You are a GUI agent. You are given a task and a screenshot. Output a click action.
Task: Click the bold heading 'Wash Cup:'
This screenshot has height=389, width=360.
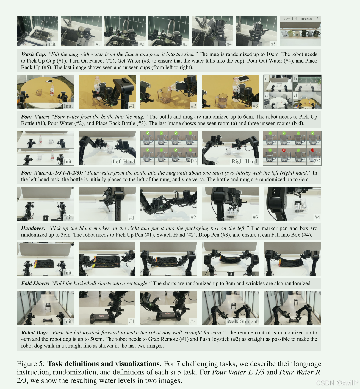pyautogui.click(x=34, y=54)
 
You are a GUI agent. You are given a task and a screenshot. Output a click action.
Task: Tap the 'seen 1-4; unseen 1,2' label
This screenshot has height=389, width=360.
pyautogui.click(x=300, y=19)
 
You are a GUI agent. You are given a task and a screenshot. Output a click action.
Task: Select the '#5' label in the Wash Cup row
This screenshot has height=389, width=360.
pyautogui.click(x=273, y=44)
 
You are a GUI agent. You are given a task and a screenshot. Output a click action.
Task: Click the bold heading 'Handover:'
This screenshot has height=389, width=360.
pyautogui.click(x=33, y=228)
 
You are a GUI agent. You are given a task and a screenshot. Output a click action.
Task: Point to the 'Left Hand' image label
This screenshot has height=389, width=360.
pyautogui.click(x=124, y=162)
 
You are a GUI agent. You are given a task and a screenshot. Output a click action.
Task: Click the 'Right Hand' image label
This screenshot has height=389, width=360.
pyautogui.click(x=244, y=161)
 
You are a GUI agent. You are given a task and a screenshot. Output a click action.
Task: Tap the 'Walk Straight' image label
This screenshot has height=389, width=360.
pyautogui.click(x=242, y=321)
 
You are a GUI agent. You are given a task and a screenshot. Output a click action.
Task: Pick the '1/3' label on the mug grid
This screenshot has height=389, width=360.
pyautogui.click(x=193, y=161)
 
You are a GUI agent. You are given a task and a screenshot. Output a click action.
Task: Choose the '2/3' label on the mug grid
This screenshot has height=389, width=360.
pyautogui.click(x=317, y=161)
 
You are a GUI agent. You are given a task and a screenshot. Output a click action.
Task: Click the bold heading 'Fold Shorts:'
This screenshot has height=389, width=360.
pyautogui.click(x=35, y=283)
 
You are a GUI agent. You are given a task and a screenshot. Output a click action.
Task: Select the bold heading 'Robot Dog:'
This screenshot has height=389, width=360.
pyautogui.click(x=34, y=333)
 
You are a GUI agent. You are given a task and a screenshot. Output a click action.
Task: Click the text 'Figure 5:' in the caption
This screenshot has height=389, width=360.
pyautogui.click(x=31, y=364)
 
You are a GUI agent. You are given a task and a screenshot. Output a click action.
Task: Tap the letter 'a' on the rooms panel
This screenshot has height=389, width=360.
pyautogui.click(x=266, y=79)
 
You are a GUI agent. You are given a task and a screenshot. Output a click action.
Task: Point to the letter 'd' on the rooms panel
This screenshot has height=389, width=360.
pyautogui.click(x=295, y=96)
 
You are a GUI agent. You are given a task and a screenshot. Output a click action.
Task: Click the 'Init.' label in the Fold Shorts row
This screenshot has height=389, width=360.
pyautogui.click(x=68, y=273)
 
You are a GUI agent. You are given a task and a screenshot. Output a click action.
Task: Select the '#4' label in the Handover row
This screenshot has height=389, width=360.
pyautogui.click(x=317, y=217)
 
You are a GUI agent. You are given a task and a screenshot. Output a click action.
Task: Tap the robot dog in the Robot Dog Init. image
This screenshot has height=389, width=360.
pyautogui.click(x=48, y=307)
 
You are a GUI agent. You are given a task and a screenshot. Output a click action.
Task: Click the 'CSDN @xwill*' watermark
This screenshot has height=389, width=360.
pyautogui.click(x=337, y=383)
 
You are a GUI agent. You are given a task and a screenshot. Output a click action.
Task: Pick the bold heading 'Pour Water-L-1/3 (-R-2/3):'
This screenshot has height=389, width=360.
pyautogui.click(x=52, y=173)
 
